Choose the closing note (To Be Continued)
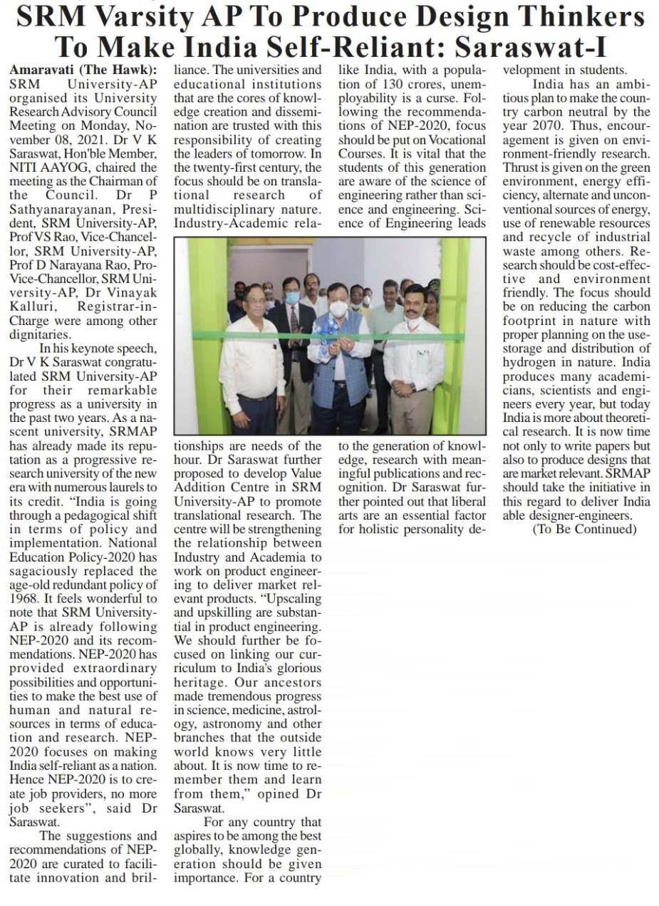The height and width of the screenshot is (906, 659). [584, 529]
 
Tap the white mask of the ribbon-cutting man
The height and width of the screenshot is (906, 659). [338, 307]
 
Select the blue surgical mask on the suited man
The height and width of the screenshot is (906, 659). [292, 297]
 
